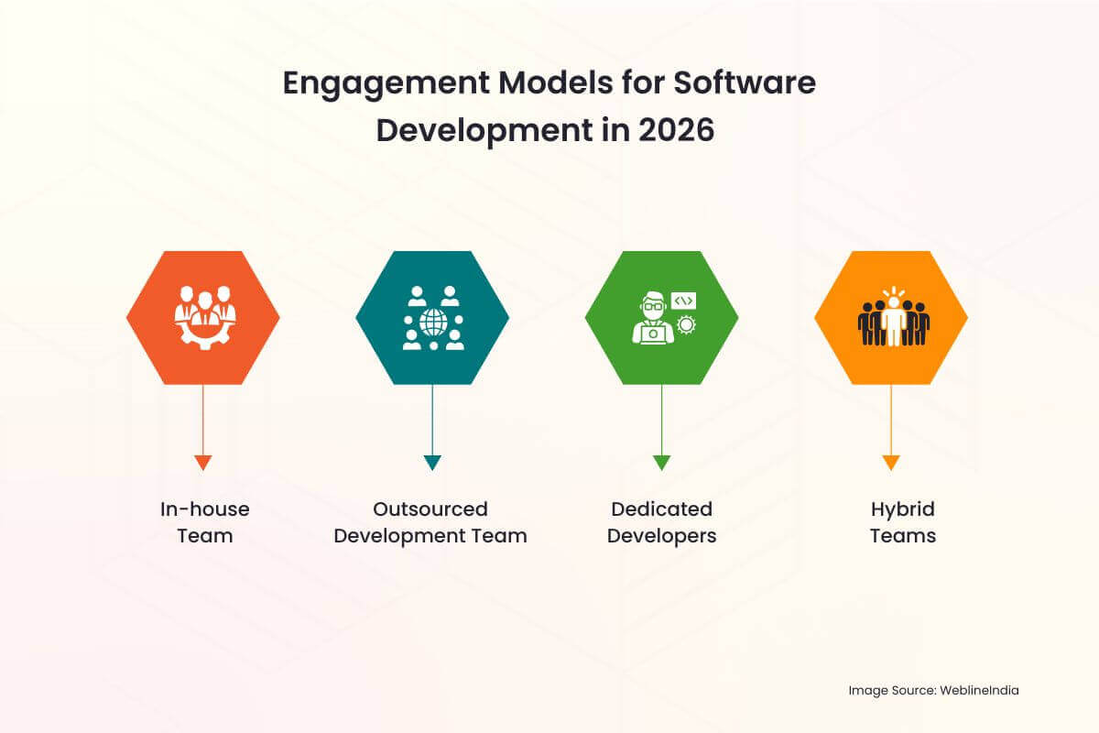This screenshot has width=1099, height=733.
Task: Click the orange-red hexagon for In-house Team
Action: tap(203, 317)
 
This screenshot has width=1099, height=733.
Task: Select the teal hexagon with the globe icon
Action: tap(432, 317)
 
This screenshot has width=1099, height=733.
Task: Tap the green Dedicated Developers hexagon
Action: tap(661, 317)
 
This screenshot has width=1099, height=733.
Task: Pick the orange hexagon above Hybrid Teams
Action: tap(891, 317)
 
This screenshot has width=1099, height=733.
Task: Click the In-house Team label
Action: tap(204, 522)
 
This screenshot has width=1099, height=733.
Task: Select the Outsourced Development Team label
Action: tap(430, 522)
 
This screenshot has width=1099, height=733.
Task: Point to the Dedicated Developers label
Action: tap(661, 522)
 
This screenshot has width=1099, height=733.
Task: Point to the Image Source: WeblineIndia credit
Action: tap(933, 690)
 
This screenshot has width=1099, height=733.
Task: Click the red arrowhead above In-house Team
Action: tap(203, 463)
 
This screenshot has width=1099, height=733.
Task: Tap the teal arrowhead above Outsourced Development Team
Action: tap(432, 463)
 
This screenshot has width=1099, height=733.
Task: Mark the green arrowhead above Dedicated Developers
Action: tap(661, 463)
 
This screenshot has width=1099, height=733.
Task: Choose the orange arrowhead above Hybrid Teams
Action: tap(891, 463)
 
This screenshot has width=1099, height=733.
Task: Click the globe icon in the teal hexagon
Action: tap(432, 322)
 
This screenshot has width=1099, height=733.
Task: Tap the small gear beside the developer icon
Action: tap(685, 324)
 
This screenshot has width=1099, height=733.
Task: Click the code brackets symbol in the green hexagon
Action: tap(683, 300)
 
